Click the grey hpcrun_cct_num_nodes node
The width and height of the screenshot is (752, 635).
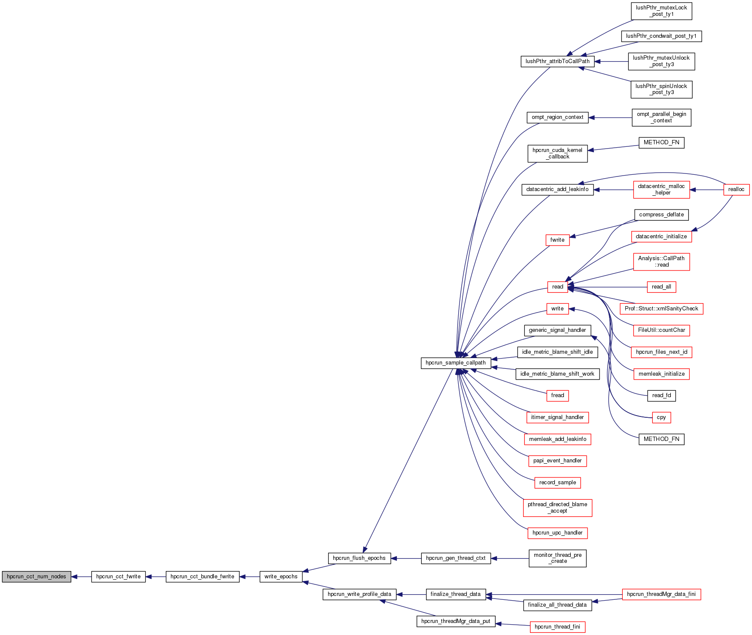[x=37, y=577]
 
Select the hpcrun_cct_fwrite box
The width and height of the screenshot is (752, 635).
[x=119, y=577]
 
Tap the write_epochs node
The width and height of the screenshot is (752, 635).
[x=281, y=577]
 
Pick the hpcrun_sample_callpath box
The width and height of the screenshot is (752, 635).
[x=456, y=363]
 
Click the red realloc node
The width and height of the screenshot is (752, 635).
[x=737, y=189]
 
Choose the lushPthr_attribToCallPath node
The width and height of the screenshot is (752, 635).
[x=557, y=61]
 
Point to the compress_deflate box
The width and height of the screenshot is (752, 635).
[x=661, y=215]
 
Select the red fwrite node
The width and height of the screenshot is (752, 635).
[x=557, y=240]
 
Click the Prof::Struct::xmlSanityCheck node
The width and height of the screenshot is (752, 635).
[x=661, y=309]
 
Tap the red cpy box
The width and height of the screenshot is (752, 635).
[x=661, y=417]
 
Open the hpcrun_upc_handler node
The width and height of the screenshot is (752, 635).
[x=557, y=533]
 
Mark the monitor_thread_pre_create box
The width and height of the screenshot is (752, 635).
[x=557, y=558]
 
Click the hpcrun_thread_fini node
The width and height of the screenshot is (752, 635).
[x=557, y=627]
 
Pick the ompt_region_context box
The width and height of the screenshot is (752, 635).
[x=557, y=117]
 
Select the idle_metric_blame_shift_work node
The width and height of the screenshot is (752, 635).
[x=557, y=374]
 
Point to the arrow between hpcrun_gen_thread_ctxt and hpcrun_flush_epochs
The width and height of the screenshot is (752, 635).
[x=406, y=558]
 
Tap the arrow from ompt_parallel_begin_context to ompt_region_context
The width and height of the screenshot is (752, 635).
[x=610, y=117]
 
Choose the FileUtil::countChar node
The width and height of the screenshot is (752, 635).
[x=661, y=330]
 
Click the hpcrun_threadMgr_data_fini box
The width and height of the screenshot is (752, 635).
[x=661, y=594]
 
